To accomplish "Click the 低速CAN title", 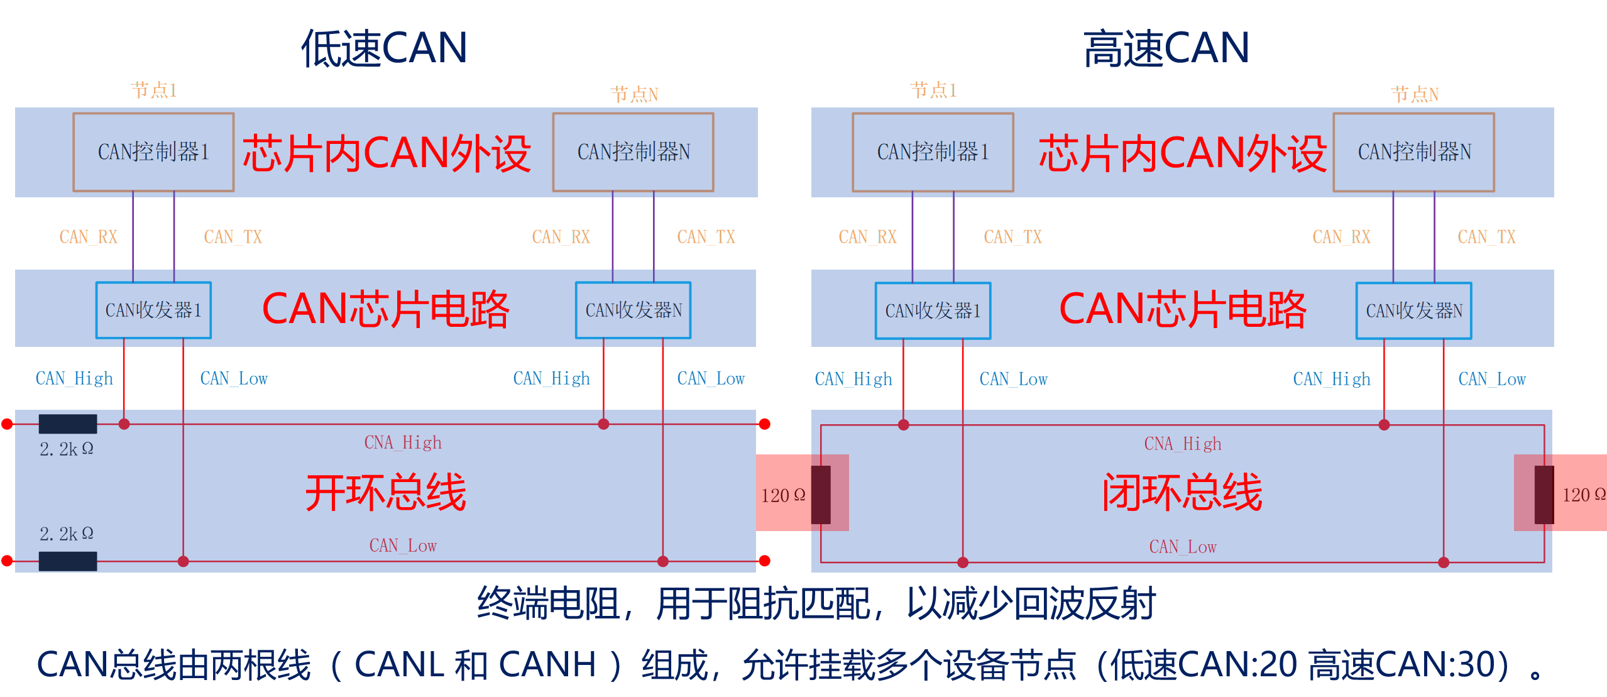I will tap(384, 48).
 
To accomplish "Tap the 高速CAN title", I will tap(1166, 48).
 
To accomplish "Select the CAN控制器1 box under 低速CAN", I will tap(153, 151).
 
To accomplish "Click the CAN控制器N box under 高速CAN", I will tap(1413, 151).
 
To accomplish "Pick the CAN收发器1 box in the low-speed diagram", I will tap(153, 310).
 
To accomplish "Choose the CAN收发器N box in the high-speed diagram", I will tap(1413, 310).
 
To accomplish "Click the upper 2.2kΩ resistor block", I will tap(68, 424).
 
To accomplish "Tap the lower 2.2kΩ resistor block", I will tap(68, 561).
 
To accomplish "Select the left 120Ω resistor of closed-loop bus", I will tap(821, 495).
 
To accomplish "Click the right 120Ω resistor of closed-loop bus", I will tap(1544, 495).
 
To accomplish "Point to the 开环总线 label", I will tap(385, 493).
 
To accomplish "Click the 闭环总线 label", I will tap(1182, 493).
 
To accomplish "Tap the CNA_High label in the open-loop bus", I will tap(403, 443).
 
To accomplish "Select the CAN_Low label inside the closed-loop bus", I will tap(1182, 547).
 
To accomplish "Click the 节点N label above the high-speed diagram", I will tap(1415, 94).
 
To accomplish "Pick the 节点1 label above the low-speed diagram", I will tap(153, 90).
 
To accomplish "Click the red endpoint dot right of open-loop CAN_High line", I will tap(765, 424).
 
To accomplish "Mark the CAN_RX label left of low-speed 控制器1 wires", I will tap(88, 237).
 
